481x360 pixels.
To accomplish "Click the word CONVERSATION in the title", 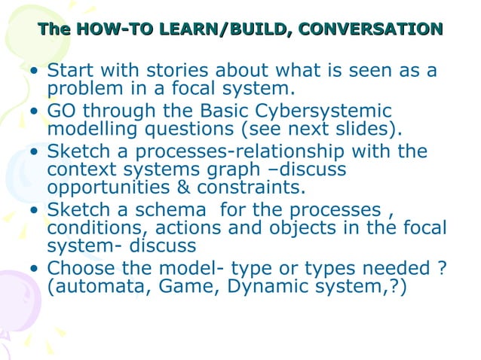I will click(370, 29).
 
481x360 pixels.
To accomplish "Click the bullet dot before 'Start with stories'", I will click(35, 73).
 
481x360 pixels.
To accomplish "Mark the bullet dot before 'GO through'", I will click(35, 114).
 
